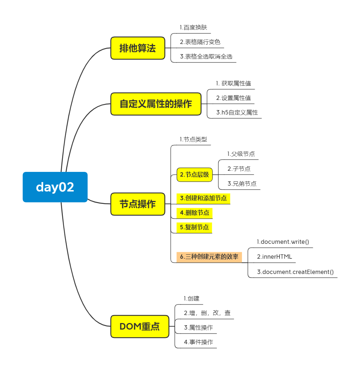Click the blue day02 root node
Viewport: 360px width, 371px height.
click(x=55, y=187)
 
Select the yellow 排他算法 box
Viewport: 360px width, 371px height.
click(x=138, y=48)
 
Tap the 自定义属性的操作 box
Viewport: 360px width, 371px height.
click(x=156, y=104)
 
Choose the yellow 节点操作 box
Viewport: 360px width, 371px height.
click(x=138, y=204)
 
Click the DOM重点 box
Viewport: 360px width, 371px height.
click(x=139, y=326)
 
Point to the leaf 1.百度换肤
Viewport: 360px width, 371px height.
click(x=193, y=27)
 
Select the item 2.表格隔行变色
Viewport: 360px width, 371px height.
click(x=200, y=42)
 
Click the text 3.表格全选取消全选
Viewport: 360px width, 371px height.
click(x=206, y=56)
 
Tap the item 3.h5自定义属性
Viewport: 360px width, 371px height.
click(x=237, y=112)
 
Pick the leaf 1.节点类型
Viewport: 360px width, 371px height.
click(x=193, y=139)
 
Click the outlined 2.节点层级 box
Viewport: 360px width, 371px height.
click(x=195, y=174)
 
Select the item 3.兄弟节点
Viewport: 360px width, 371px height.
click(x=242, y=184)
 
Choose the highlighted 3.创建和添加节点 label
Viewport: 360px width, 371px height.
click(x=203, y=198)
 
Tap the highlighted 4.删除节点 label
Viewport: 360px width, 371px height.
click(x=194, y=213)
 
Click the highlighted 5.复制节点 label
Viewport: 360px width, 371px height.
click(x=194, y=227)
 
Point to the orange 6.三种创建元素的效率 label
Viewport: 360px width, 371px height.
click(x=209, y=257)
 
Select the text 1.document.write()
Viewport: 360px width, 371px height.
click(x=283, y=242)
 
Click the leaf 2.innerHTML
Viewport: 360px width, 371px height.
click(x=274, y=257)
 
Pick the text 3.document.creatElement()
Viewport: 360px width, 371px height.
click(x=295, y=272)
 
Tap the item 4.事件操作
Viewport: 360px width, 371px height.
click(x=198, y=342)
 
